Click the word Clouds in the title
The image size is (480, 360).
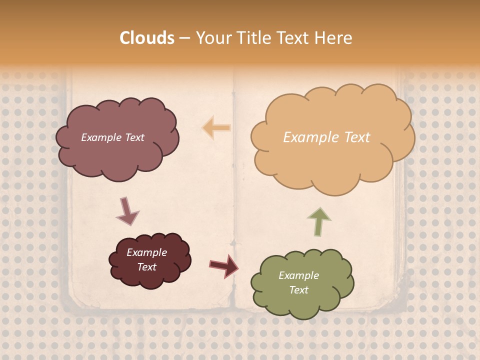pos(147,38)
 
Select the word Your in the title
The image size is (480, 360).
pos(212,38)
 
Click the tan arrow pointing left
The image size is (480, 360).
pos(216,128)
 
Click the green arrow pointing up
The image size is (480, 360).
pos(318,221)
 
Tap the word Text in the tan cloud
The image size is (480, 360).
pos(354,137)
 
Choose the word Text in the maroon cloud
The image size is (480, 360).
pos(147,267)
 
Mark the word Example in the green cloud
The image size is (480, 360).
pos(298,275)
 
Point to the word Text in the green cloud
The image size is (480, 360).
pos(298,290)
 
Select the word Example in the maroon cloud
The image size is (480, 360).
pos(147,252)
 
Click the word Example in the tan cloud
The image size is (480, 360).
pos(308,137)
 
